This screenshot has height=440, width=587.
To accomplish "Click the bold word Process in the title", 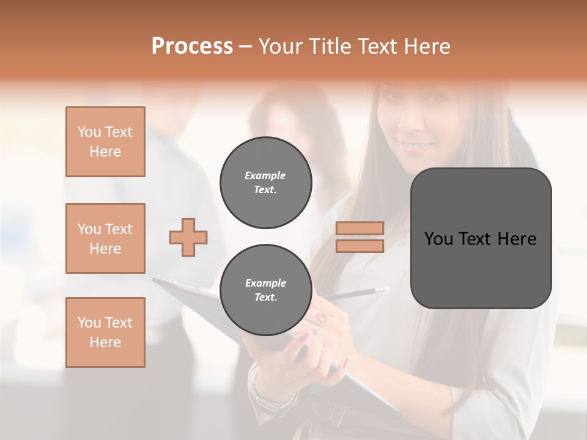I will [x=192, y=46].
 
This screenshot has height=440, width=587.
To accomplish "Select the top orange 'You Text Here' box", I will [x=105, y=142].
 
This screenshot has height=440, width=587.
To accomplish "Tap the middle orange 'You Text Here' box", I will [x=105, y=238].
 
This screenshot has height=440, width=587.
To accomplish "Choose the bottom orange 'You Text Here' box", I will [x=105, y=332].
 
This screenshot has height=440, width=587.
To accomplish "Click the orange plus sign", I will [x=188, y=237].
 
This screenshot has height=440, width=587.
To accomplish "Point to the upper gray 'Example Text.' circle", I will [x=265, y=183].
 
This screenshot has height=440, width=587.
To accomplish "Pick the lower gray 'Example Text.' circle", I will [x=265, y=290].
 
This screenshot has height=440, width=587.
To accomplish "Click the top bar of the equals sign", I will [x=360, y=229].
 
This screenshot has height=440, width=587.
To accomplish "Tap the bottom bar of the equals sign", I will [x=360, y=246].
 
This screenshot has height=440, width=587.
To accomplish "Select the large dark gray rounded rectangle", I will [x=481, y=238].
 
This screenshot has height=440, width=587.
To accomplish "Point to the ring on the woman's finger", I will [x=322, y=317].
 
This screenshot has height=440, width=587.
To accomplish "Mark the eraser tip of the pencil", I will [x=385, y=288].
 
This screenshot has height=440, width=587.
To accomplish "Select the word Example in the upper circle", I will [x=265, y=175].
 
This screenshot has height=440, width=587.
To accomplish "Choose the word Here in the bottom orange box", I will [x=105, y=342].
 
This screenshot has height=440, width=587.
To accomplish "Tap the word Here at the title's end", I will [x=427, y=46].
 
